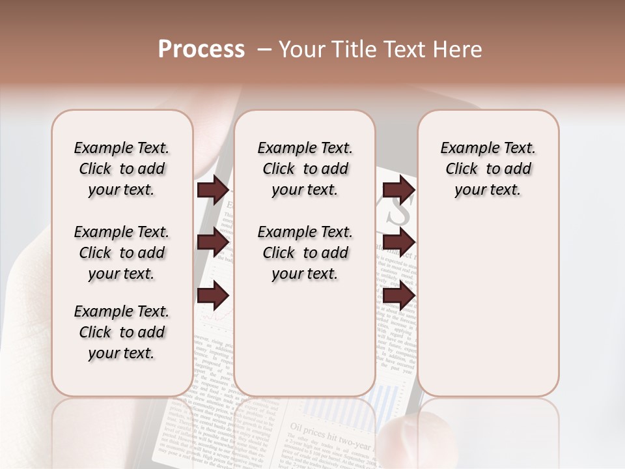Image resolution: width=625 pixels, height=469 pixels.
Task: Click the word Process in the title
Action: point(201,50)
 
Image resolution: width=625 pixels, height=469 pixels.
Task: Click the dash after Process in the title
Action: point(263,50)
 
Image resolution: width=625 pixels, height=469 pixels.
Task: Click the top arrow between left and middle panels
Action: point(213,190)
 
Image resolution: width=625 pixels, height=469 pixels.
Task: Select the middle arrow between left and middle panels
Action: point(213,243)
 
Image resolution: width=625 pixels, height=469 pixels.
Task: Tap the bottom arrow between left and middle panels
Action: point(213,296)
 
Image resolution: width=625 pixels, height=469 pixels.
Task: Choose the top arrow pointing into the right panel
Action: point(398,190)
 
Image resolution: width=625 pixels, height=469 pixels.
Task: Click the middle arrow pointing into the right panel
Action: point(398,243)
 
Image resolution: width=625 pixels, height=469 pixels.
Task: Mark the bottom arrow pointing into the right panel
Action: point(398,296)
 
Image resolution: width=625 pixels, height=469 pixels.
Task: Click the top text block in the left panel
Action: point(122,169)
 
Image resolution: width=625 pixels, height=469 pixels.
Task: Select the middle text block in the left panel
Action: point(122,253)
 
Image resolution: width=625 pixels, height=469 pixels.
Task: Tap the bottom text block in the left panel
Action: point(122,332)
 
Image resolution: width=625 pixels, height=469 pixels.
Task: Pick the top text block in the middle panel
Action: point(305,169)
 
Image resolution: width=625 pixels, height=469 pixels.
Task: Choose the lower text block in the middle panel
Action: point(305,253)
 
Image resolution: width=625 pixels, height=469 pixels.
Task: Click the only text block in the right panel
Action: point(488,169)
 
